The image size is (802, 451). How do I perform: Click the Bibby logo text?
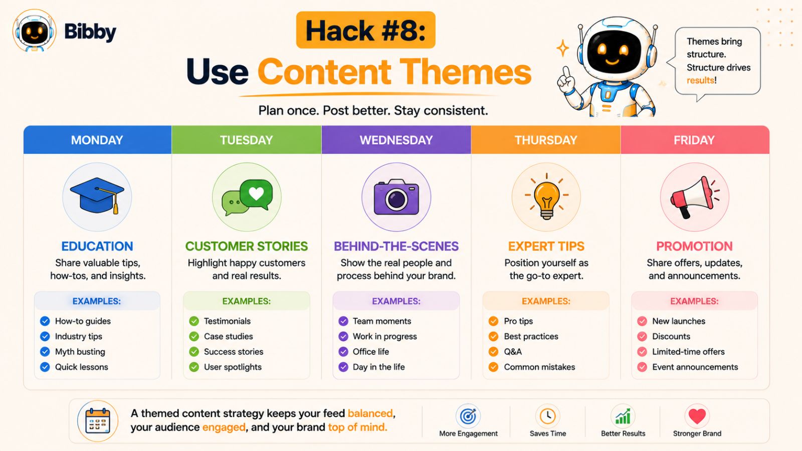pos(90,32)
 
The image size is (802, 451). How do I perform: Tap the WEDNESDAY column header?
pos(396,140)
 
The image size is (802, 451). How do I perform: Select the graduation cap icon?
pos(97,195)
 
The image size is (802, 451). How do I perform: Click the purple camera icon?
pos(396,197)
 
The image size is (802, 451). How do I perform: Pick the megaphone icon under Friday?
pos(695,197)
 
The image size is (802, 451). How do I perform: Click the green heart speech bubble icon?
pos(247,197)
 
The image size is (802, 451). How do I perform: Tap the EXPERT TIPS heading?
pos(546,246)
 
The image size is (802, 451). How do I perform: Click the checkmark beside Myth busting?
pos(45,351)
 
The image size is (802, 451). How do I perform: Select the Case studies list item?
pos(229,336)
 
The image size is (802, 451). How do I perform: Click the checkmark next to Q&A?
pos(493,351)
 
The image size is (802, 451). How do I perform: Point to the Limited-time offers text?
pos(688,351)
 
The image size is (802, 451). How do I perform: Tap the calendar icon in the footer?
pos(98,420)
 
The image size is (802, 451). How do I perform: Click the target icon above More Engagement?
pos(468,416)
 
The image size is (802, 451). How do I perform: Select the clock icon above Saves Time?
pos(547,416)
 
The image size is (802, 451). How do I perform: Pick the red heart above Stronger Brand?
pos(697,416)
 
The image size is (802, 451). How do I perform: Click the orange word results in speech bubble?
pos(700,80)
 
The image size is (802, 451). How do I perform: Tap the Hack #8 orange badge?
pos(365,30)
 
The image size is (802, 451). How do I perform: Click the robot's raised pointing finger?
pos(566,73)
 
